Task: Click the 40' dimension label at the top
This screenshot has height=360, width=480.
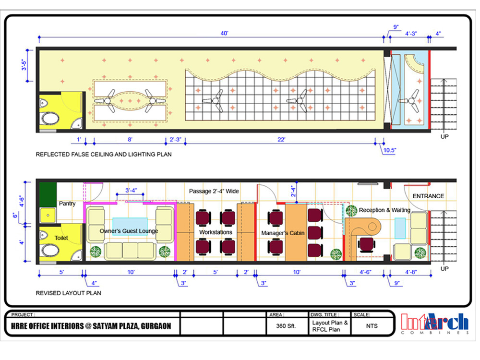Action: (224, 33)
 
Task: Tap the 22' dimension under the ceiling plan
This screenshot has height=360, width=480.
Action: (281, 140)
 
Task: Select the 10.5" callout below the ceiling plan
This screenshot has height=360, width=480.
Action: (389, 150)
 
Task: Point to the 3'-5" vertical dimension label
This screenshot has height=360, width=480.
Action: (24, 65)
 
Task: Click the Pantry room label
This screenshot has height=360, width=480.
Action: (67, 204)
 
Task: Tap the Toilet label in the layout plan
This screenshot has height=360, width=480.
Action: (61, 238)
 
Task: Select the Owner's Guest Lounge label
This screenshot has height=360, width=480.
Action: (129, 231)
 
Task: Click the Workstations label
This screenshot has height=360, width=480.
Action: (216, 232)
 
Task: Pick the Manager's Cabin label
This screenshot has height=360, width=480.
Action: (283, 233)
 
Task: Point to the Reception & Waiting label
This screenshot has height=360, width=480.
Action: (384, 210)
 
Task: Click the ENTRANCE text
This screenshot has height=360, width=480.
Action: (428, 196)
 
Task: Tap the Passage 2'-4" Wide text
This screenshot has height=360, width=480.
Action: (214, 191)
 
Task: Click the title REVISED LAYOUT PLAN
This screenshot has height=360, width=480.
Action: (68, 293)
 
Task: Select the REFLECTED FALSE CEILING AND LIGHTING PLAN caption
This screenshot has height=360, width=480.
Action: (104, 154)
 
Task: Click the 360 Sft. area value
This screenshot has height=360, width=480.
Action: (286, 326)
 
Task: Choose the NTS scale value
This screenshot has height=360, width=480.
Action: (372, 326)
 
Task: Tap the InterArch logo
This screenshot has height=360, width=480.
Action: (435, 323)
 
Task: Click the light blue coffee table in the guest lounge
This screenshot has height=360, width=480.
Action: (130, 226)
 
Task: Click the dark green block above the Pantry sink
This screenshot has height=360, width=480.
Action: (48, 194)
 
